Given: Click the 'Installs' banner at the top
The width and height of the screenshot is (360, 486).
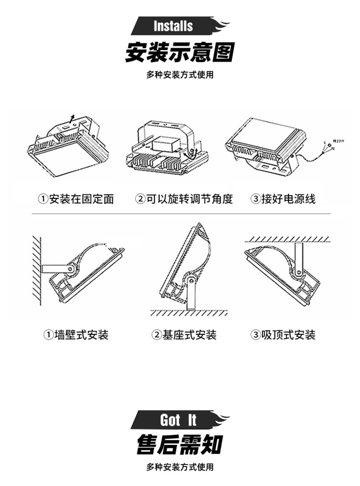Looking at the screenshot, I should click(174, 26).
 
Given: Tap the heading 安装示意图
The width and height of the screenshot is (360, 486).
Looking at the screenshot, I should click(180, 52).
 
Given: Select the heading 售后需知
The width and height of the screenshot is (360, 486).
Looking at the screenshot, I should click(180, 444).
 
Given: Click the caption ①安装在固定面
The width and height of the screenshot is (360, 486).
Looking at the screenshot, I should click(76, 199).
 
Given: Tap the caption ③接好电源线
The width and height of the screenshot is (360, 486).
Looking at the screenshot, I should click(283, 199).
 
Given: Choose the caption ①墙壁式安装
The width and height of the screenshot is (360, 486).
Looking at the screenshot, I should click(76, 335).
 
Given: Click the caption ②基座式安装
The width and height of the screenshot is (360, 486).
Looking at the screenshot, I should click(184, 335).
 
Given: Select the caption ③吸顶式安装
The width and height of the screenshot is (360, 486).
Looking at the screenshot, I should click(283, 335).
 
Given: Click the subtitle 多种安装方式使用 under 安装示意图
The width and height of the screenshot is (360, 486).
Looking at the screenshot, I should click(180, 75).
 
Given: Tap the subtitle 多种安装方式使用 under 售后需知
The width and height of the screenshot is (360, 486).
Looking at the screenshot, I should click(180, 467).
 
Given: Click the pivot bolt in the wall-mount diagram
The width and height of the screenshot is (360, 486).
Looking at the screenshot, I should click(71, 269).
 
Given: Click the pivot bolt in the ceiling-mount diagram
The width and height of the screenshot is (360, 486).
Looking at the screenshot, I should click(298, 272).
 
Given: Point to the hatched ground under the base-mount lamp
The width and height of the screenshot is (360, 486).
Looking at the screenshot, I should click(189, 313).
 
